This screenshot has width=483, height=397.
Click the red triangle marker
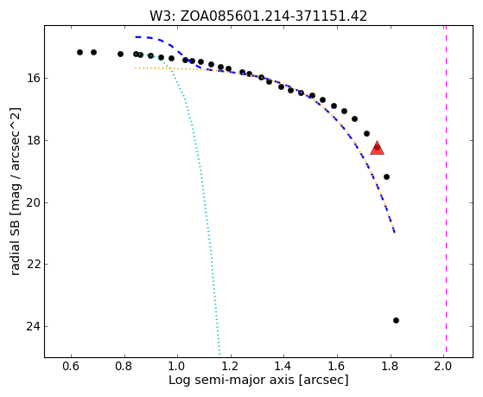(x=377, y=148)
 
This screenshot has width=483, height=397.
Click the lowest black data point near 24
(x=396, y=321)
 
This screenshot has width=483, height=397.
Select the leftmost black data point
(x=79, y=53)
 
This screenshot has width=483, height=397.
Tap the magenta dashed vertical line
(x=446, y=191)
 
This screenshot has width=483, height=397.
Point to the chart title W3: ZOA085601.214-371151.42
(x=258, y=16)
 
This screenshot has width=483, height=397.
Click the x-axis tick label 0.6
(x=71, y=367)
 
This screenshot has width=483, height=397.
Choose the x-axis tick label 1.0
(x=177, y=367)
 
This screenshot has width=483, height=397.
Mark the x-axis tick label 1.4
(x=283, y=367)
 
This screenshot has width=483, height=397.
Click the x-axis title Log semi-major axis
(x=232, y=380)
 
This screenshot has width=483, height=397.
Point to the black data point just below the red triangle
(x=386, y=176)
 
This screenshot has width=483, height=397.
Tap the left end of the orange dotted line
(x=136, y=67)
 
